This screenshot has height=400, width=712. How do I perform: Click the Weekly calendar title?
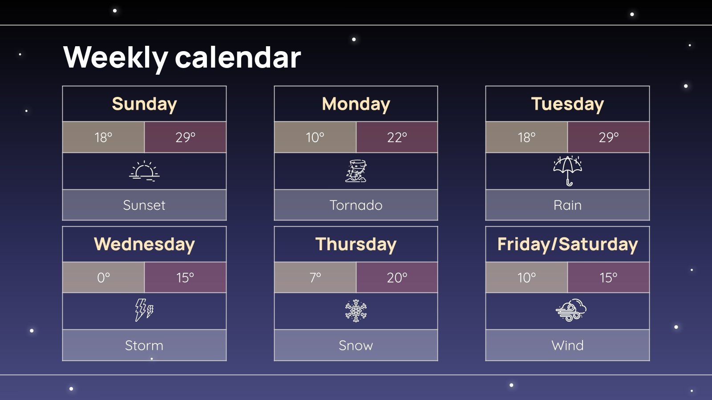182,58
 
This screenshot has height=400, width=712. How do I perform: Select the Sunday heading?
144,104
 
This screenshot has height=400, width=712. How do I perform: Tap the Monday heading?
356,104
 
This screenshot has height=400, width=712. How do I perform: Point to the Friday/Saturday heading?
567,244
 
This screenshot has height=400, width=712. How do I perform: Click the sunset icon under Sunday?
144,171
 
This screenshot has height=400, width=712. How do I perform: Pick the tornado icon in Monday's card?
356,171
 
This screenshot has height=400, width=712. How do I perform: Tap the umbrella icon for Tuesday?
567,171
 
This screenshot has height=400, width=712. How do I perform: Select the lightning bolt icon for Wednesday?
144,310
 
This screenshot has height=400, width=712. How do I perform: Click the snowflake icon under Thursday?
356,311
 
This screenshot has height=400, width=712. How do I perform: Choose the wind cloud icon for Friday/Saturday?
570,310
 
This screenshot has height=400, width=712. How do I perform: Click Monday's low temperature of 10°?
315,137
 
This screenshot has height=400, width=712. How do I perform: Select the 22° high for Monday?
397,137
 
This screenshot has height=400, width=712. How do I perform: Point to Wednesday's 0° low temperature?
103,278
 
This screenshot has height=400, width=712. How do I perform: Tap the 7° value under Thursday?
315,278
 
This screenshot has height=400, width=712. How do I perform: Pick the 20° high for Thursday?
397,278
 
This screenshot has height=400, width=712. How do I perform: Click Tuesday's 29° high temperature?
608,137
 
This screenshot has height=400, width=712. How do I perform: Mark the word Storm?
144,345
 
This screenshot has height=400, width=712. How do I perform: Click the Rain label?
567,205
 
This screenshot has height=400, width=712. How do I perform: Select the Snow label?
356,345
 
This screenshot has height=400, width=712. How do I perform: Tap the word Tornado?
356,205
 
